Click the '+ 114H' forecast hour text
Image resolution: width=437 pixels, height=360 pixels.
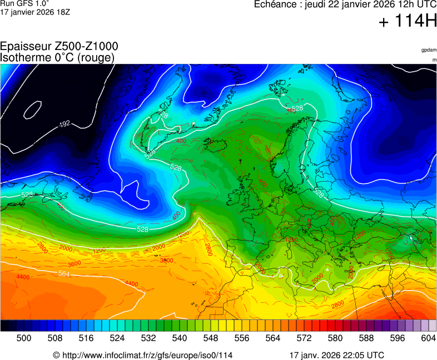point(408,22)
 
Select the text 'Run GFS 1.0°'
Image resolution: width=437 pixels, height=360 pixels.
point(21,3)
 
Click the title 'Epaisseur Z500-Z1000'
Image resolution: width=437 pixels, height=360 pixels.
point(59,47)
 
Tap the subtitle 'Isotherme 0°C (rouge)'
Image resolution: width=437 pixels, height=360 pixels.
point(57,57)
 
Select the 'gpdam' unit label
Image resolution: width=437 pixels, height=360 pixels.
point(429,50)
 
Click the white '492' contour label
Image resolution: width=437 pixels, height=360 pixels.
point(64,123)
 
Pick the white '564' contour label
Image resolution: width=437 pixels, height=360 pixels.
point(64,273)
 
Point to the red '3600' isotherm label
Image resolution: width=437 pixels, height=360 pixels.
point(74,263)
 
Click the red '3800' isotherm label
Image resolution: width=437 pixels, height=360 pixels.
point(166,260)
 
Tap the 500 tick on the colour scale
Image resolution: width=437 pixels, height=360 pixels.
point(24,337)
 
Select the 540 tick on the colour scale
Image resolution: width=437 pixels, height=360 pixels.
point(180,337)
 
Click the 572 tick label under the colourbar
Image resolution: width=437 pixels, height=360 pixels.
point(304,337)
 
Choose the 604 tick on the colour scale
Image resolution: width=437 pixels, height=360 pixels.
point(429,337)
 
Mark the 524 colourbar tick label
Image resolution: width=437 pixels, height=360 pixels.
point(117,337)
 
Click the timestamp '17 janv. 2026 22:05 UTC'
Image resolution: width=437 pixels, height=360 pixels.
point(336,355)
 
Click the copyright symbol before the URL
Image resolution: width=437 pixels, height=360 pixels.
point(56,355)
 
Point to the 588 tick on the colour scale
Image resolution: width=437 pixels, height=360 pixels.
point(366,337)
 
